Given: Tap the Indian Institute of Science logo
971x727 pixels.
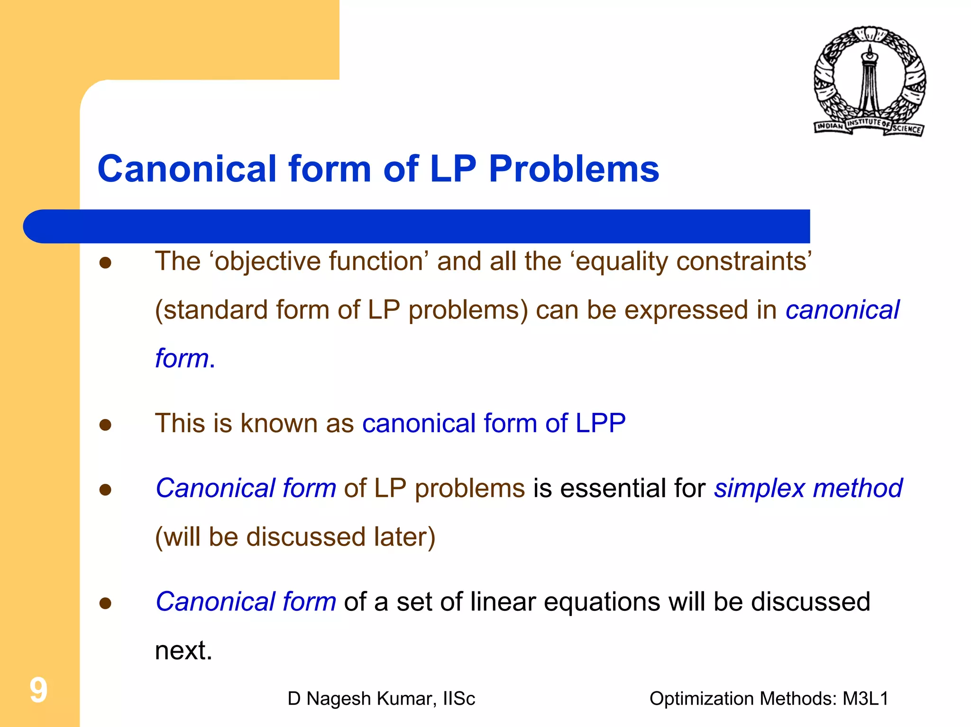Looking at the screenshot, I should pos(870,82).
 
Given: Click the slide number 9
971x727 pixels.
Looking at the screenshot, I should pos(38,690).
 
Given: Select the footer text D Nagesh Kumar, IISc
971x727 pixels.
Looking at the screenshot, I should pos(381,699).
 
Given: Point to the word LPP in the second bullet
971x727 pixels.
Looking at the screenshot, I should pos(600,423).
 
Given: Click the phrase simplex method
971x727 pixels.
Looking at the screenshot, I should pos(808,488).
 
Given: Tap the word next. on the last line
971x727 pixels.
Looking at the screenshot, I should pos(183,650).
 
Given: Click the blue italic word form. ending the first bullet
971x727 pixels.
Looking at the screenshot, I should pos(185,358).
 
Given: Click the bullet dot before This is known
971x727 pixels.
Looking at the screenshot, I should pos(105,425).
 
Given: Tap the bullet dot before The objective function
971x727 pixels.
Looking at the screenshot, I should pos(105,263).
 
